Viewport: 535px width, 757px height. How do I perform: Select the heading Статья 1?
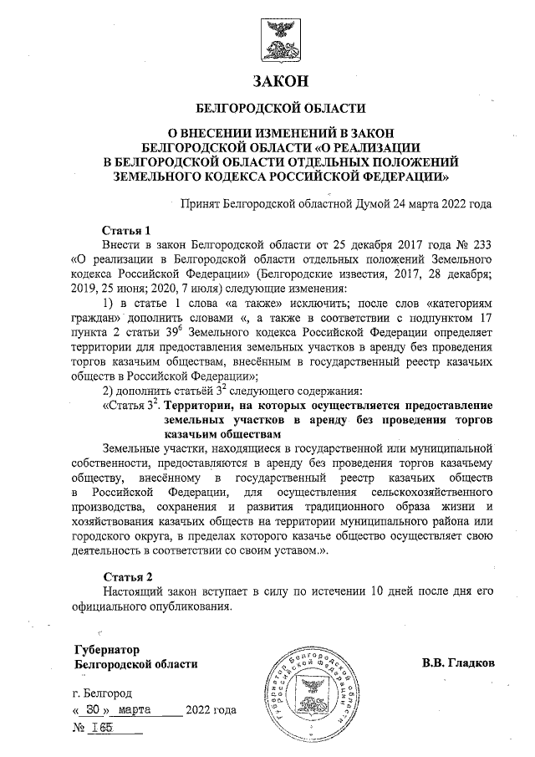click(125, 229)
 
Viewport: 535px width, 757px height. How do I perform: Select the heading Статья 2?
click(125, 577)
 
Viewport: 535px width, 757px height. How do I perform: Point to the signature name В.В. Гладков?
click(458, 662)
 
